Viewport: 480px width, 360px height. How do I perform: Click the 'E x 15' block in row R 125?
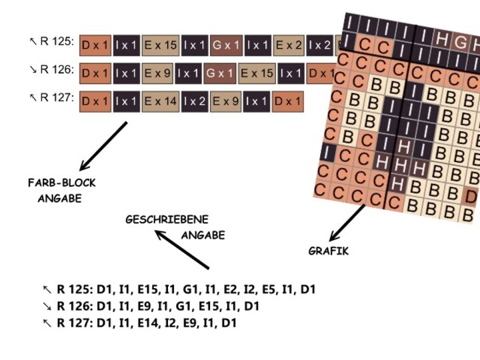[161, 45]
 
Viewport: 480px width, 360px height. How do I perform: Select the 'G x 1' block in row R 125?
[226, 45]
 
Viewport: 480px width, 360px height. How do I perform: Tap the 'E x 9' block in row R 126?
[161, 73]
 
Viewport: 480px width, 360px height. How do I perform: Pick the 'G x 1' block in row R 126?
[219, 73]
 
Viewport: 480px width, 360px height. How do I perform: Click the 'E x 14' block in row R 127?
[161, 101]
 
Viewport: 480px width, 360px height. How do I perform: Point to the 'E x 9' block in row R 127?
[226, 101]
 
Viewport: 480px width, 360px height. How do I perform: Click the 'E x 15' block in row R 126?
[257, 73]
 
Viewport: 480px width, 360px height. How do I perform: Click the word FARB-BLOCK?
[62, 183]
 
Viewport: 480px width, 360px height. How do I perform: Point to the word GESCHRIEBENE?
[167, 219]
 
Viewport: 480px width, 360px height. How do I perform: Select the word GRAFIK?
[328, 251]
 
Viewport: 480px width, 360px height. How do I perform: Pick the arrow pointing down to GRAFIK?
[347, 223]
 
